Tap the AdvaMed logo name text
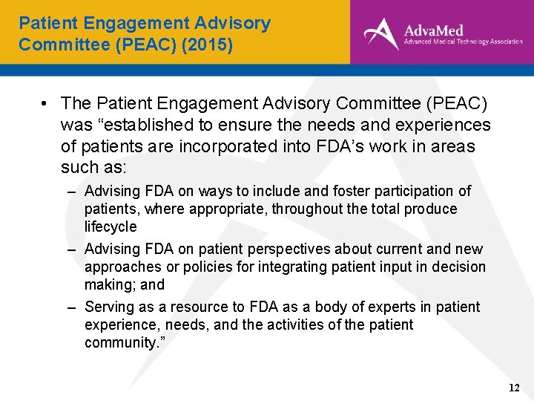[433, 30]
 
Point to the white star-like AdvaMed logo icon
[380, 33]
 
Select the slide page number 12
[514, 388]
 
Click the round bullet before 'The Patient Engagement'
[46, 104]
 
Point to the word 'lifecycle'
[111, 227]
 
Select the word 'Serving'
[107, 307]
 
